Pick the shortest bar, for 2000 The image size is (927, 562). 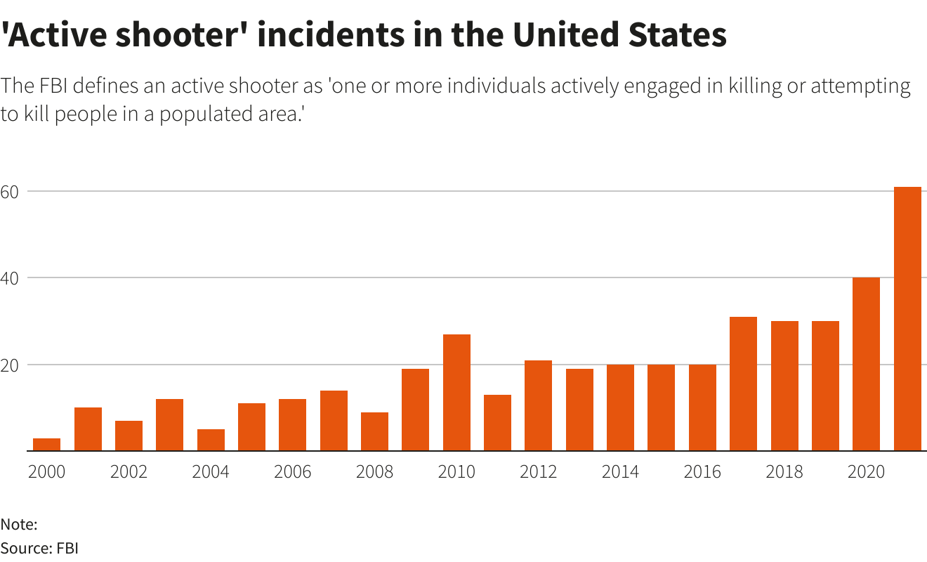pos(47,444)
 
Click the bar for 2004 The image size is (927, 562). pos(211,440)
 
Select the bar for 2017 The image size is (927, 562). pos(743,384)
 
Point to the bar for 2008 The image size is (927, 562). pos(374,431)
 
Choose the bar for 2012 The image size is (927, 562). pos(539,405)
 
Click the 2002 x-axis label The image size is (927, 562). pos(129,471)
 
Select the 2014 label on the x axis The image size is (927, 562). pos(621,471)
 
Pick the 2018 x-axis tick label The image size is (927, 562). pos(784,471)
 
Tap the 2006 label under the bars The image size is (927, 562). pos(293,471)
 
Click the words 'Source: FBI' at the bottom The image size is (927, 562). pos(39,548)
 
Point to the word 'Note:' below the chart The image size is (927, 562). pos(19,524)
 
